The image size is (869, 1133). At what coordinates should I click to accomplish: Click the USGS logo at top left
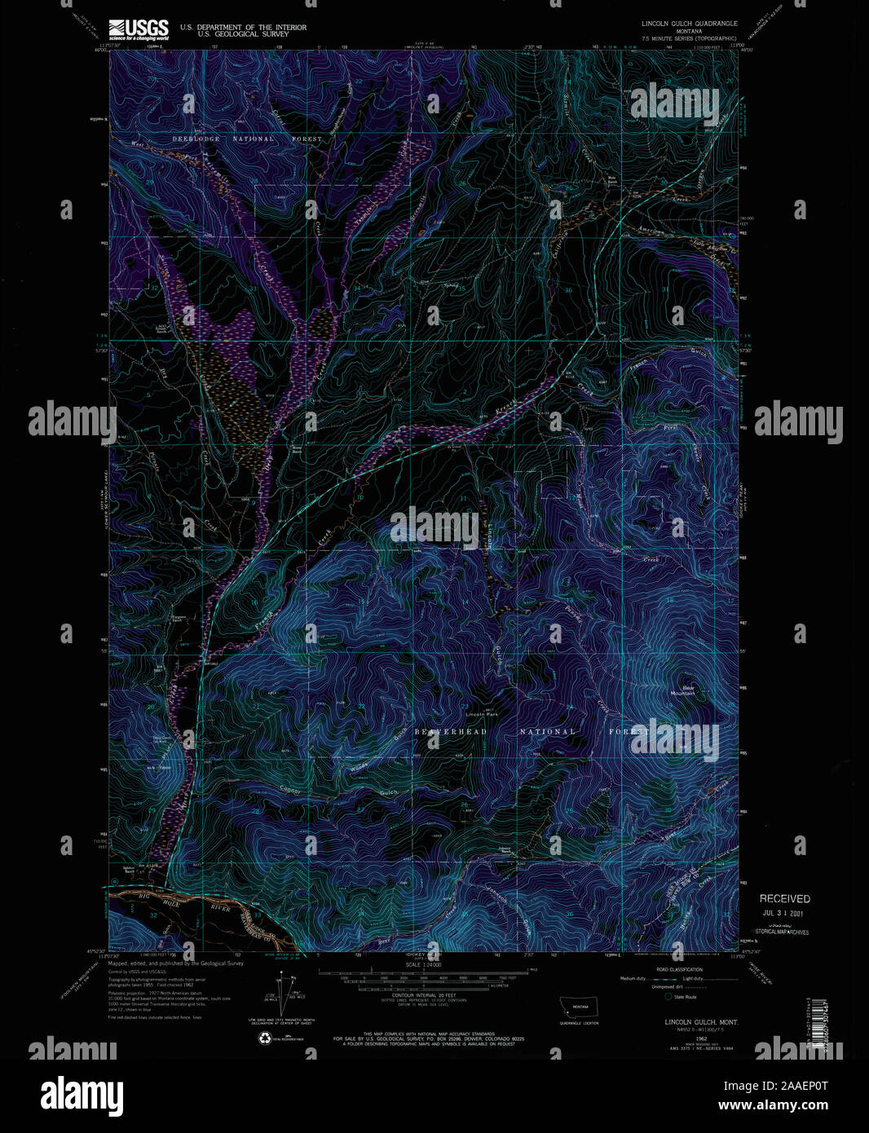(139, 29)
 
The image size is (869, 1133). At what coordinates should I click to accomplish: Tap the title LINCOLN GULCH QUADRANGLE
(689, 24)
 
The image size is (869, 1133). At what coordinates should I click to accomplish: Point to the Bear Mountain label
(683, 690)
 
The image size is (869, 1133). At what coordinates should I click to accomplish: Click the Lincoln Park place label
(481, 715)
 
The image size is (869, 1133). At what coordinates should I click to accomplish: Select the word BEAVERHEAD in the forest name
(450, 732)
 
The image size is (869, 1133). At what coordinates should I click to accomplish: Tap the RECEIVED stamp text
(784, 898)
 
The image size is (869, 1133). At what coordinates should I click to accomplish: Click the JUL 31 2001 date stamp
(784, 914)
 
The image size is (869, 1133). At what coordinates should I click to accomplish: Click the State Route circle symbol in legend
(669, 997)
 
